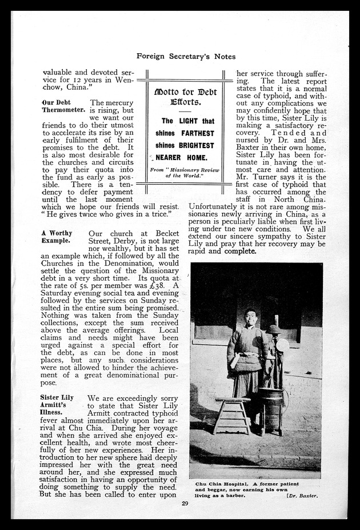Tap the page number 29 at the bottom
click(185, 503)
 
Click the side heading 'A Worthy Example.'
click(57, 237)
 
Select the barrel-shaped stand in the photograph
click(271, 409)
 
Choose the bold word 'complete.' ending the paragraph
click(241, 251)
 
